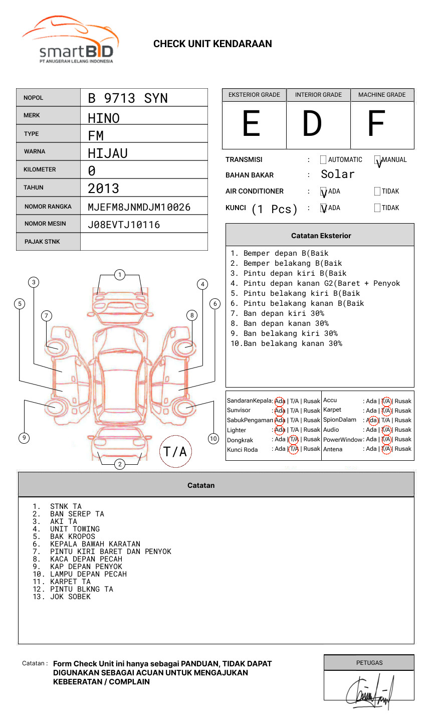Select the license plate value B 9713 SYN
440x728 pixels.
pyautogui.click(x=128, y=98)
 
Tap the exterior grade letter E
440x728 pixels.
pyautogui.click(x=252, y=124)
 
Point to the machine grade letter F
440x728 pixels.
pyautogui.click(x=376, y=124)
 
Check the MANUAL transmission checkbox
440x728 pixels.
pyautogui.click(x=378, y=160)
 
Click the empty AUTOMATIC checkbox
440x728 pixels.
pyautogui.click(x=323, y=160)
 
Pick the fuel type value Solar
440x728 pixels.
pyautogui.click(x=337, y=174)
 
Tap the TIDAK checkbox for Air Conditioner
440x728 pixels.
pyautogui.click(x=377, y=191)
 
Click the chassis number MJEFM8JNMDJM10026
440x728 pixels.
pyautogui.click(x=139, y=207)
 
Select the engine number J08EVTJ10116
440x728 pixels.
pyautogui.click(x=124, y=225)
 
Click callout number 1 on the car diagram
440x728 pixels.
pyautogui.click(x=119, y=275)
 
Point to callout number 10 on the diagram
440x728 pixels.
pyautogui.click(x=213, y=439)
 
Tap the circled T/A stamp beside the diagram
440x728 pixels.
pyautogui.click(x=175, y=452)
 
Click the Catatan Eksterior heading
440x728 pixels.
pyautogui.click(x=321, y=236)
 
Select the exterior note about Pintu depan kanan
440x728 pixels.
pyautogui.click(x=315, y=283)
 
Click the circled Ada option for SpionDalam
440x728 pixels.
pyautogui.click(x=372, y=420)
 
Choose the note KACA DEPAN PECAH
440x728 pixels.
pyautogui.click(x=86, y=559)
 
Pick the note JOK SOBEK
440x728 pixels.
pyautogui.click(x=70, y=597)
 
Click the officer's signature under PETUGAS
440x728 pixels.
pyautogui.click(x=369, y=692)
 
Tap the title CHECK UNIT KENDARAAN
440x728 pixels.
pyautogui.click(x=212, y=44)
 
